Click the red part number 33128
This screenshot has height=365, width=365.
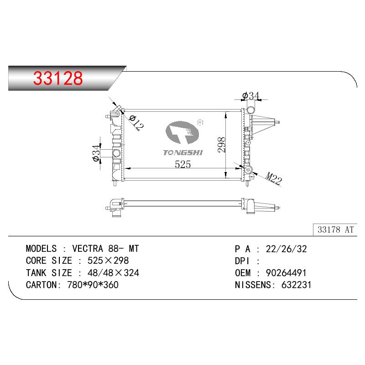pyautogui.click(x=58, y=78)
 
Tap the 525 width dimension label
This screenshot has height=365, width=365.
pyautogui.click(x=183, y=164)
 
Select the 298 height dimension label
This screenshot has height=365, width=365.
pyautogui.click(x=222, y=145)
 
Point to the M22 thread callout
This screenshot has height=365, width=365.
pyautogui.click(x=274, y=178)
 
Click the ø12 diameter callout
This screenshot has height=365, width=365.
pyautogui.click(x=136, y=123)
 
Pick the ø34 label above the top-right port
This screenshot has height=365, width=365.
pyautogui.click(x=250, y=96)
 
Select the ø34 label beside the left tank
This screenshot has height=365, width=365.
pyautogui.click(x=96, y=153)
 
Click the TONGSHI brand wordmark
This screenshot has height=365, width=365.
pyautogui.click(x=183, y=152)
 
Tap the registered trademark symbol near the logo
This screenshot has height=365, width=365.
pyautogui.click(x=200, y=122)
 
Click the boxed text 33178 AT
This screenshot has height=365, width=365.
pyautogui.click(x=335, y=229)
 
